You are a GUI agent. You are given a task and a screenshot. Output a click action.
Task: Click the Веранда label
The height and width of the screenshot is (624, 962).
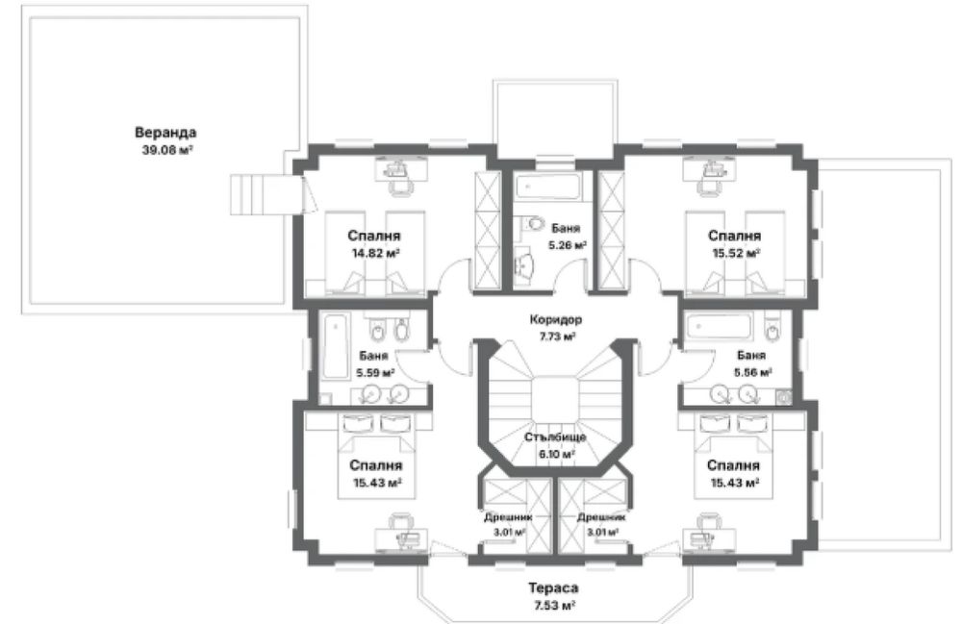[x=165, y=133]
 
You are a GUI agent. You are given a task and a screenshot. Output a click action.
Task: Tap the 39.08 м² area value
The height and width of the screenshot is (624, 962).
[x=167, y=150]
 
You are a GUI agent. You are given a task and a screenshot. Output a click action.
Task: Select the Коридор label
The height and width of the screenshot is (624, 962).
[x=556, y=319]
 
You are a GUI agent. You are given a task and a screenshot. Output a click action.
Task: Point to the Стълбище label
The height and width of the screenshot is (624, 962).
[x=556, y=437]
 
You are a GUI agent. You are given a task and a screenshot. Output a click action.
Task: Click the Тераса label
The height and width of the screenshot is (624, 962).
[x=553, y=588]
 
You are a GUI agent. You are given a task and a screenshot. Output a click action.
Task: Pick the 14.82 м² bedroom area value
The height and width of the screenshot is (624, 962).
[x=376, y=253]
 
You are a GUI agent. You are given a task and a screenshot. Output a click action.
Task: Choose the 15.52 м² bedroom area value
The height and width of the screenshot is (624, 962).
[x=736, y=252]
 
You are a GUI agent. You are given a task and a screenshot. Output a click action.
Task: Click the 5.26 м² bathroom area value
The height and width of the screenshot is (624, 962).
[x=568, y=245]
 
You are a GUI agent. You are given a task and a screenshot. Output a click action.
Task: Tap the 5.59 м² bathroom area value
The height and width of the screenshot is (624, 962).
[x=375, y=372]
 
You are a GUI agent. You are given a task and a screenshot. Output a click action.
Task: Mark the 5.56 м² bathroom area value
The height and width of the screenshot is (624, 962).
[x=753, y=371]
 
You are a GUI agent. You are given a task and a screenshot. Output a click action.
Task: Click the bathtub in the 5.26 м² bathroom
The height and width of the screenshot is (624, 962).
[x=547, y=187]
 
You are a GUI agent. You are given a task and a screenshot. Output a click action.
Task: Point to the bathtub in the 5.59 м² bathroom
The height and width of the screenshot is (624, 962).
[x=335, y=346]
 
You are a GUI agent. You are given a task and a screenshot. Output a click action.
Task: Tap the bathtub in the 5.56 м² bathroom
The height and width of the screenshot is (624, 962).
[x=719, y=327]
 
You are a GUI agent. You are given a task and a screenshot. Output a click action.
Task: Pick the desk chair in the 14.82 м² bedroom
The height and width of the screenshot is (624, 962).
[x=400, y=187]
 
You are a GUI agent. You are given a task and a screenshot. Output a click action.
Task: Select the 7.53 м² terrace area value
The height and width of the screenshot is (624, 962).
[x=553, y=606]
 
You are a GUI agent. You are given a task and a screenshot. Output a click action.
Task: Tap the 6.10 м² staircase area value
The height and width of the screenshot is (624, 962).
[x=556, y=454]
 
